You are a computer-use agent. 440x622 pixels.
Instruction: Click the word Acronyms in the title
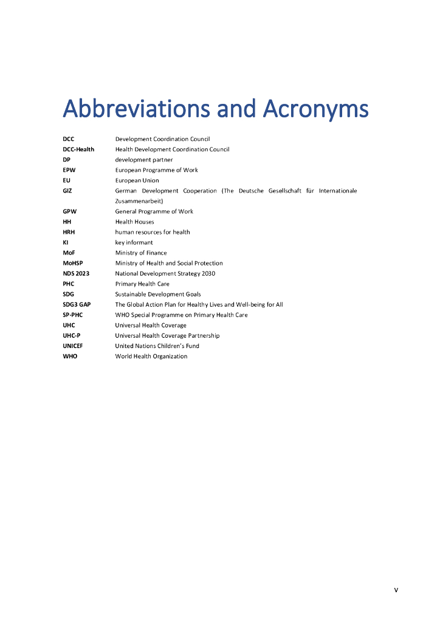point(315,109)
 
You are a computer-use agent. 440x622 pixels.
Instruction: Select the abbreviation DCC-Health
point(78,149)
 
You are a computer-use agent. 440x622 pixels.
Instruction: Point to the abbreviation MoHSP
point(72,263)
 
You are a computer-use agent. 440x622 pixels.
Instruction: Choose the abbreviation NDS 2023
point(76,273)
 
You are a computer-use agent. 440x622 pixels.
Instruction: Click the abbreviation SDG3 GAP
point(77,304)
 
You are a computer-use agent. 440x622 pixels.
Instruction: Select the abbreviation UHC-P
point(72,335)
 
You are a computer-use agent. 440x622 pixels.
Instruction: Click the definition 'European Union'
point(137,180)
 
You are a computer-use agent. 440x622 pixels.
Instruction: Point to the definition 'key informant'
point(134,242)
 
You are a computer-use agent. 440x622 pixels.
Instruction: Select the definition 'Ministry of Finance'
point(141,253)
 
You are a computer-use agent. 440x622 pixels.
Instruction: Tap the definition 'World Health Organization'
point(151,356)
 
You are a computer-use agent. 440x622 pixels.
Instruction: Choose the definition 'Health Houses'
point(134,222)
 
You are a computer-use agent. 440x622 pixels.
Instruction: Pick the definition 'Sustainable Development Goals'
point(158,294)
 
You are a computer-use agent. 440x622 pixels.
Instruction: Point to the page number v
point(396,590)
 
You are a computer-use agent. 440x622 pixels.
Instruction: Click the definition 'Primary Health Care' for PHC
point(142,284)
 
